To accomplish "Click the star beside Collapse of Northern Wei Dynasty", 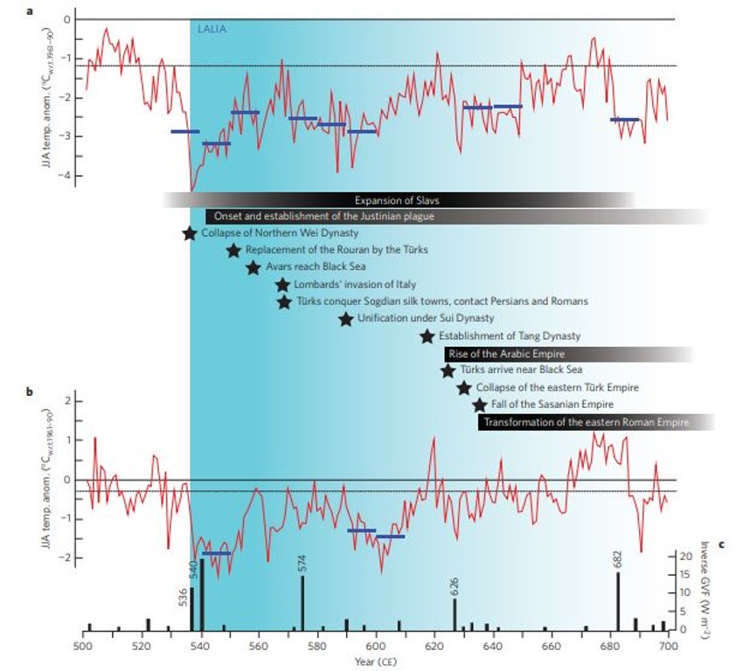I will tap(189, 233).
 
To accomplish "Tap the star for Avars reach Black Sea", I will tap(253, 267).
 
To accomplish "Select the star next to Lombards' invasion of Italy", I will tap(282, 285).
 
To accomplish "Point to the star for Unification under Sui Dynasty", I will tap(346, 319).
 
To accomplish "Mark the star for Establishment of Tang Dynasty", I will tap(427, 336).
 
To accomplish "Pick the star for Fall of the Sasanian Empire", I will tap(479, 405).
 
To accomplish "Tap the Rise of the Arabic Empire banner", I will tap(505, 354).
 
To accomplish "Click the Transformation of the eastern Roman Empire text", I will tap(596, 422).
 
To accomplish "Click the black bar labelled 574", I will tap(302, 603).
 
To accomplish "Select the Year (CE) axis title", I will tap(376, 661).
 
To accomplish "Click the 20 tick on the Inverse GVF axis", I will tap(686, 556).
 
